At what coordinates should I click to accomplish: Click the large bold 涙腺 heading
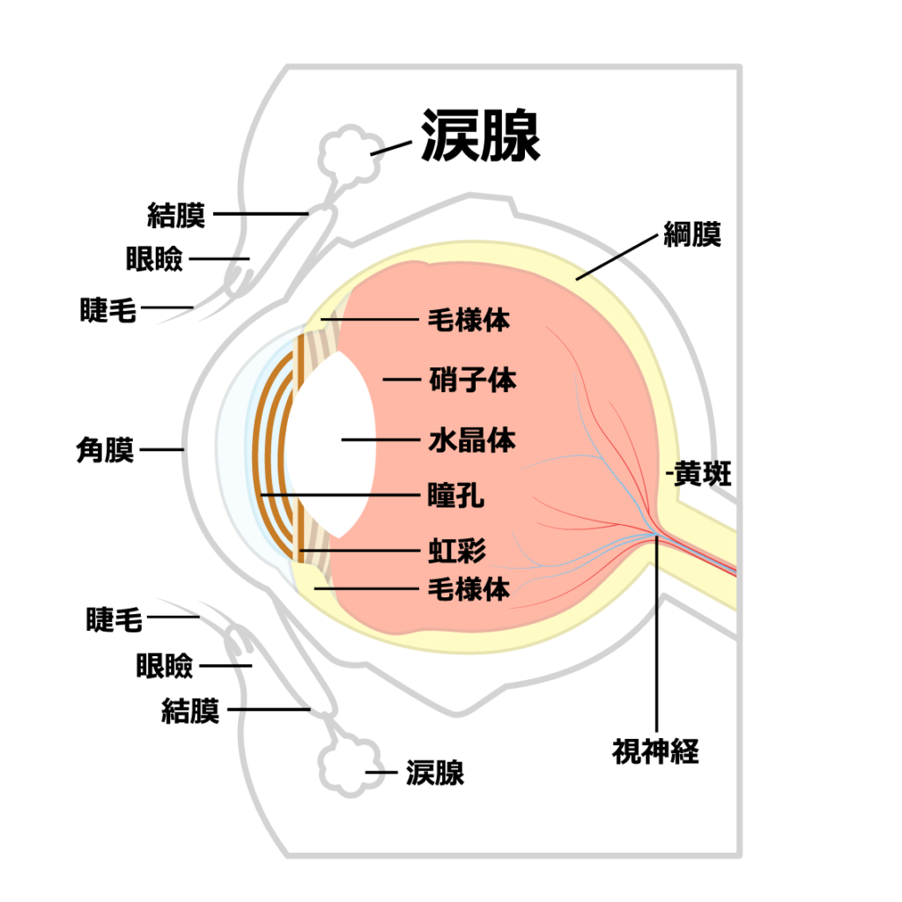pos(480,136)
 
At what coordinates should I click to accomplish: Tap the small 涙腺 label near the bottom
pos(434,773)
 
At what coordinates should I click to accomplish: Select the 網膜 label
pos(692,235)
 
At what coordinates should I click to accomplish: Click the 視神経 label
pos(655,751)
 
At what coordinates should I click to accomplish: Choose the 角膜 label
pos(106,450)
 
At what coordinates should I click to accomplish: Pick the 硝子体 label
pos(472,380)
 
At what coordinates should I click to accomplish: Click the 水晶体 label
pos(472,439)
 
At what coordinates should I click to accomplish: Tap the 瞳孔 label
pos(455,496)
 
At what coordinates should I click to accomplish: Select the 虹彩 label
pos(456,552)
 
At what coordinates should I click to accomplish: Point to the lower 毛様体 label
pos(469,588)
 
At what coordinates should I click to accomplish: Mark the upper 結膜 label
pos(176,214)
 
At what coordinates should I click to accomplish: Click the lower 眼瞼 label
pos(165,666)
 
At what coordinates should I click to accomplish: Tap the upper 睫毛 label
pos(108,309)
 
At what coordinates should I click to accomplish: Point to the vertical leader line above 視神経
pos(656,634)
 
